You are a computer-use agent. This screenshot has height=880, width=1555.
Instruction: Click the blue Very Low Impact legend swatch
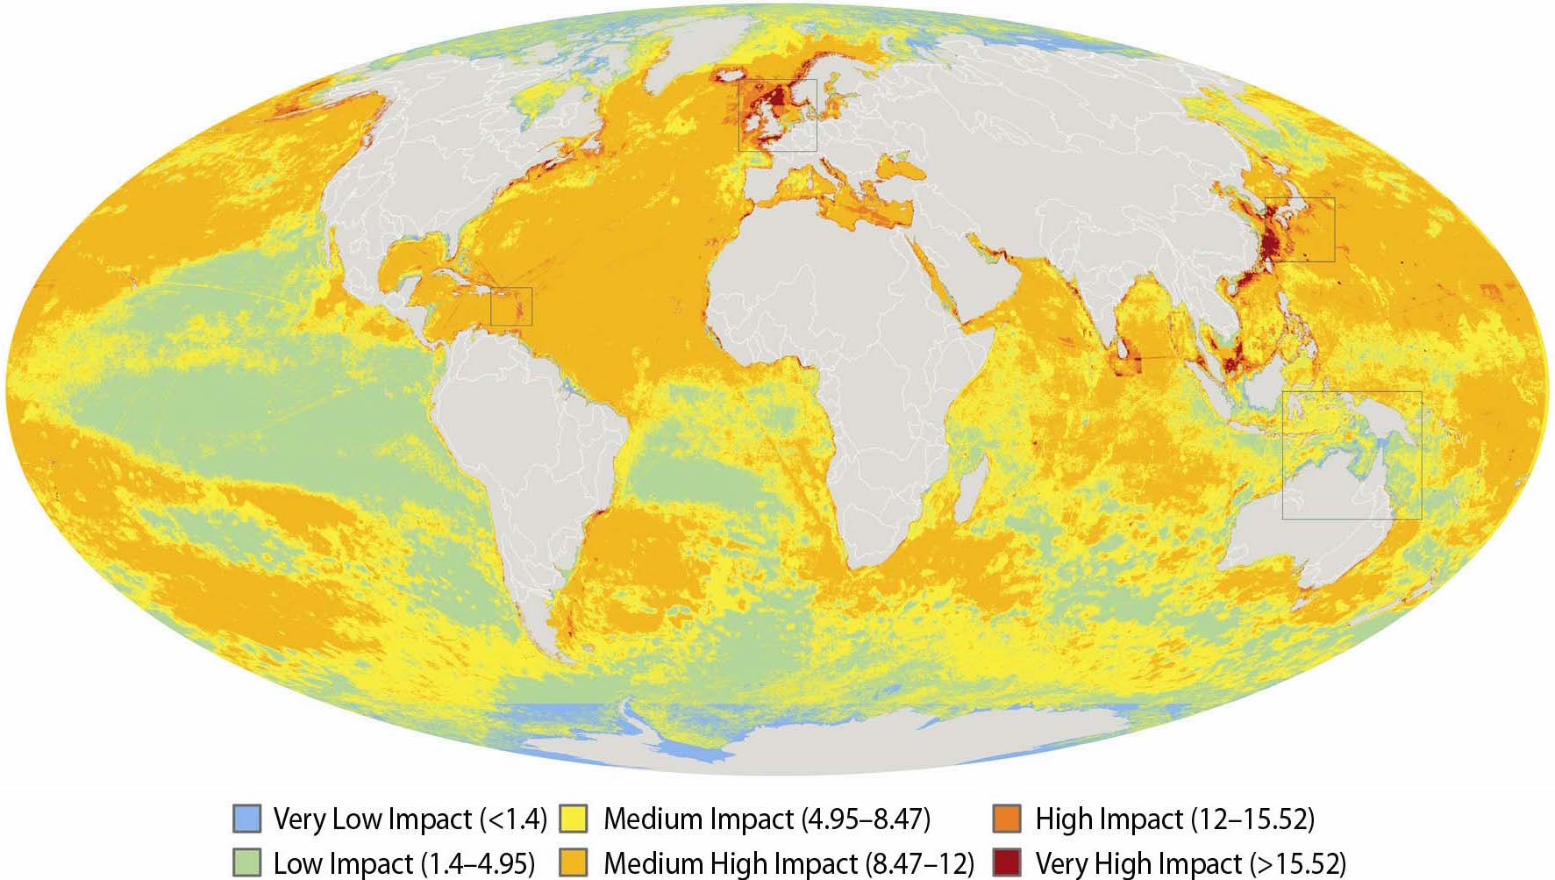tap(247, 819)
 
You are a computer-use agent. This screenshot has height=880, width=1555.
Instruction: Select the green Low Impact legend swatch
tap(247, 862)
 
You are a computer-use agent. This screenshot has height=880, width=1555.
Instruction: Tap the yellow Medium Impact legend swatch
tap(578, 819)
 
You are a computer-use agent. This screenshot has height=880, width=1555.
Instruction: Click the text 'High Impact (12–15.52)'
tap(1174, 819)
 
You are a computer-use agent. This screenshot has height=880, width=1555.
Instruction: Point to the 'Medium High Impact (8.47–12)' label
tap(788, 863)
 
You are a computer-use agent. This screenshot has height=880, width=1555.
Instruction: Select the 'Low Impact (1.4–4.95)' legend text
tap(403, 863)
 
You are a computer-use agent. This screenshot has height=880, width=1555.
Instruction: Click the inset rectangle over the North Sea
tap(777, 115)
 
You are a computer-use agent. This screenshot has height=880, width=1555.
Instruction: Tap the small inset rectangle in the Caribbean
tap(511, 306)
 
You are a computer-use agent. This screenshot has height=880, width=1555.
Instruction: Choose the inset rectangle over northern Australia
tap(1352, 455)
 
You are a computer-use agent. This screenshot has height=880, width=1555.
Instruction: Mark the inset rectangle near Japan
tap(1300, 229)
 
